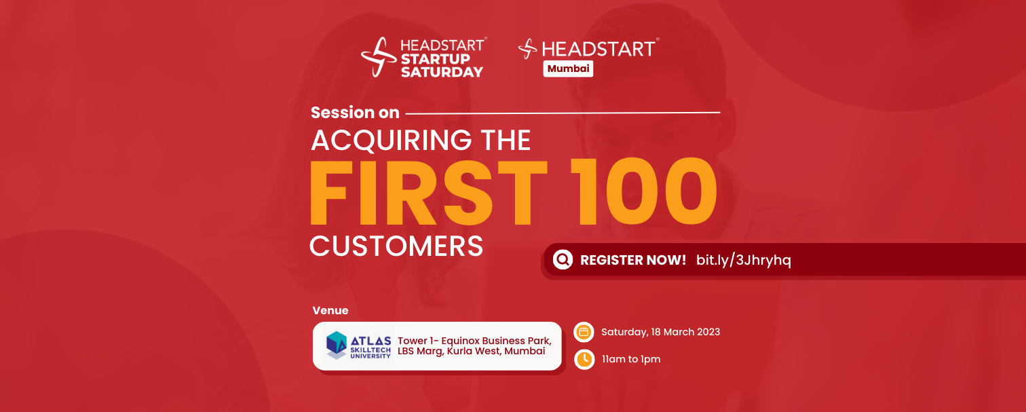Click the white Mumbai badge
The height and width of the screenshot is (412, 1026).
click(x=568, y=69)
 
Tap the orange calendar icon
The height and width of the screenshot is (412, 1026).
click(x=584, y=333)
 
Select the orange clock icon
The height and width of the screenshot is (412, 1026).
click(x=584, y=359)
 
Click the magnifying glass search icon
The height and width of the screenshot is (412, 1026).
click(x=563, y=260)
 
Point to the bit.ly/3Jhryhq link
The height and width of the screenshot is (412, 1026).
click(x=744, y=260)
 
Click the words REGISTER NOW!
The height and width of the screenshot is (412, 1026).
click(x=633, y=261)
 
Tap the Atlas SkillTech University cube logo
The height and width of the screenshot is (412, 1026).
click(x=336, y=345)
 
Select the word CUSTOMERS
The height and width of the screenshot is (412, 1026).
click(x=396, y=246)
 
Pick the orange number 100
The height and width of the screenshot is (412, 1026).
click(x=643, y=192)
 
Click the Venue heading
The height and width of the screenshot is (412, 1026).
click(x=330, y=311)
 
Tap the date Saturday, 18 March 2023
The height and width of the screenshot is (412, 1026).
click(x=660, y=333)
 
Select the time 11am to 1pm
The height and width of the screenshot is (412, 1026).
click(x=631, y=359)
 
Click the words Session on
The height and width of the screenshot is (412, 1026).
click(x=355, y=113)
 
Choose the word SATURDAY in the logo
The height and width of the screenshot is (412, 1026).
click(x=442, y=72)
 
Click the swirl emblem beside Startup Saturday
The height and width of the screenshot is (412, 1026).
click(x=379, y=57)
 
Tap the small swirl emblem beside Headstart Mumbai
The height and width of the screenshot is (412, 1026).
click(x=528, y=49)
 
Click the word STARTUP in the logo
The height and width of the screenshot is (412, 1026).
click(x=436, y=59)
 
